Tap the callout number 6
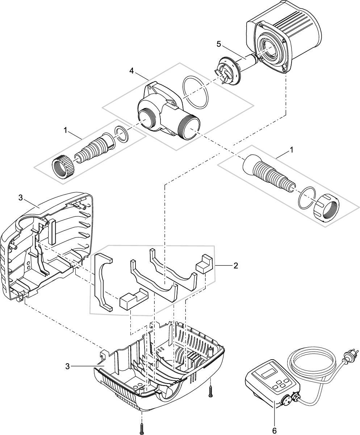pyautogui.click(x=274, y=431)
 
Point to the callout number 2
pyautogui.click(x=236, y=266)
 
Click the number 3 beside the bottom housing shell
pyautogui.click(x=67, y=366)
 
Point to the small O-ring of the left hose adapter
pyautogui.click(x=121, y=134)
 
